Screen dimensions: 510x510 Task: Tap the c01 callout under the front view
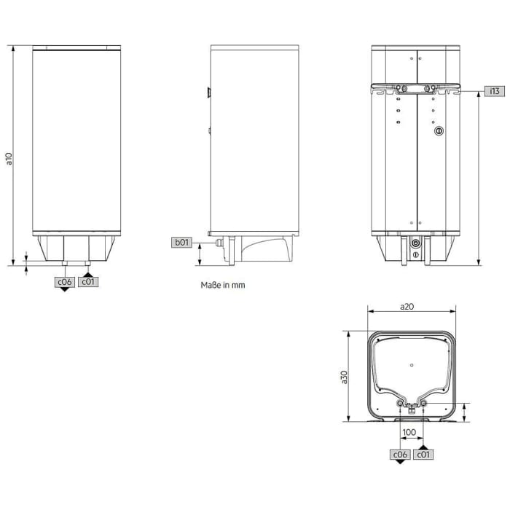87,281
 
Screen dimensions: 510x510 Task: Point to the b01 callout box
181,243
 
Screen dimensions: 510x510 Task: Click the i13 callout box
494,91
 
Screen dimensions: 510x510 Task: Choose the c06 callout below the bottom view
399,454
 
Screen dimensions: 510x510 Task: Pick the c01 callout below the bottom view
423,454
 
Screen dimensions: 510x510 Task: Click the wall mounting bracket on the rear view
415,91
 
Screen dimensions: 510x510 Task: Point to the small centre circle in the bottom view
412,364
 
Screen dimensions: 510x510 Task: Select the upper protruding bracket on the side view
208,93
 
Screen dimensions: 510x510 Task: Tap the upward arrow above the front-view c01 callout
87,273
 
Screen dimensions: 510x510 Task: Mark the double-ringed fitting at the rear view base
415,243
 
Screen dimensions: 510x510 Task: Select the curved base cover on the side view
266,249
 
